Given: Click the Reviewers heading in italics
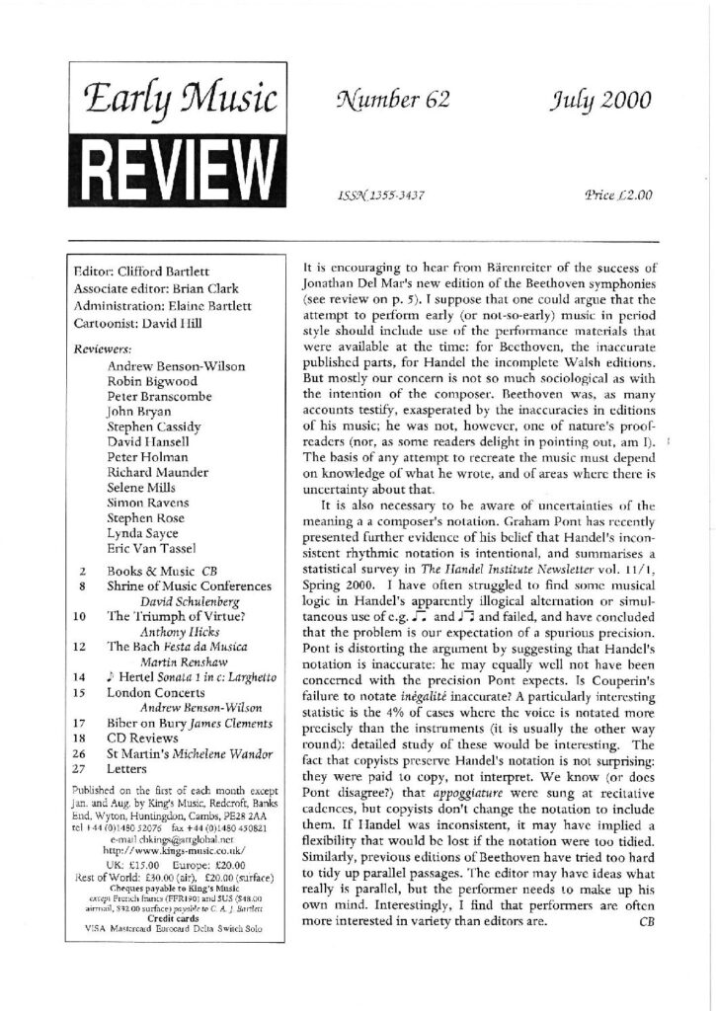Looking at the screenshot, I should [104, 348].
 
